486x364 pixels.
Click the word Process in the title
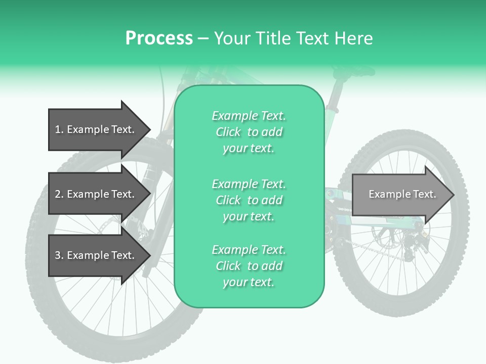click(x=159, y=38)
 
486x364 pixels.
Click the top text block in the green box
click(x=249, y=132)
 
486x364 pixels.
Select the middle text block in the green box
click(x=249, y=200)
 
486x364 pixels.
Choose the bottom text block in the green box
click(x=249, y=266)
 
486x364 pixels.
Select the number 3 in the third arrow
click(x=58, y=255)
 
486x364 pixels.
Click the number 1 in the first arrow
click(x=58, y=129)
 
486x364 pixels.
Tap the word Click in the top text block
click(x=228, y=132)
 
